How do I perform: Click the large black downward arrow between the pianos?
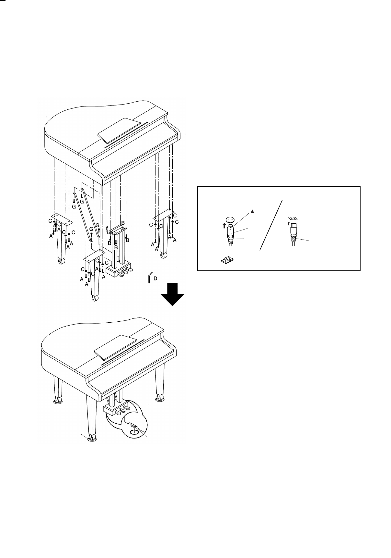[x=172, y=294]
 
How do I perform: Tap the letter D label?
[x=155, y=279]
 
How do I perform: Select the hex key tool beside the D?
[x=149, y=278]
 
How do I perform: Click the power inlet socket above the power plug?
[x=292, y=219]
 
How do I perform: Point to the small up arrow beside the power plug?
[x=288, y=224]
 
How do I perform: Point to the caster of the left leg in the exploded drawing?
[x=61, y=261]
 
